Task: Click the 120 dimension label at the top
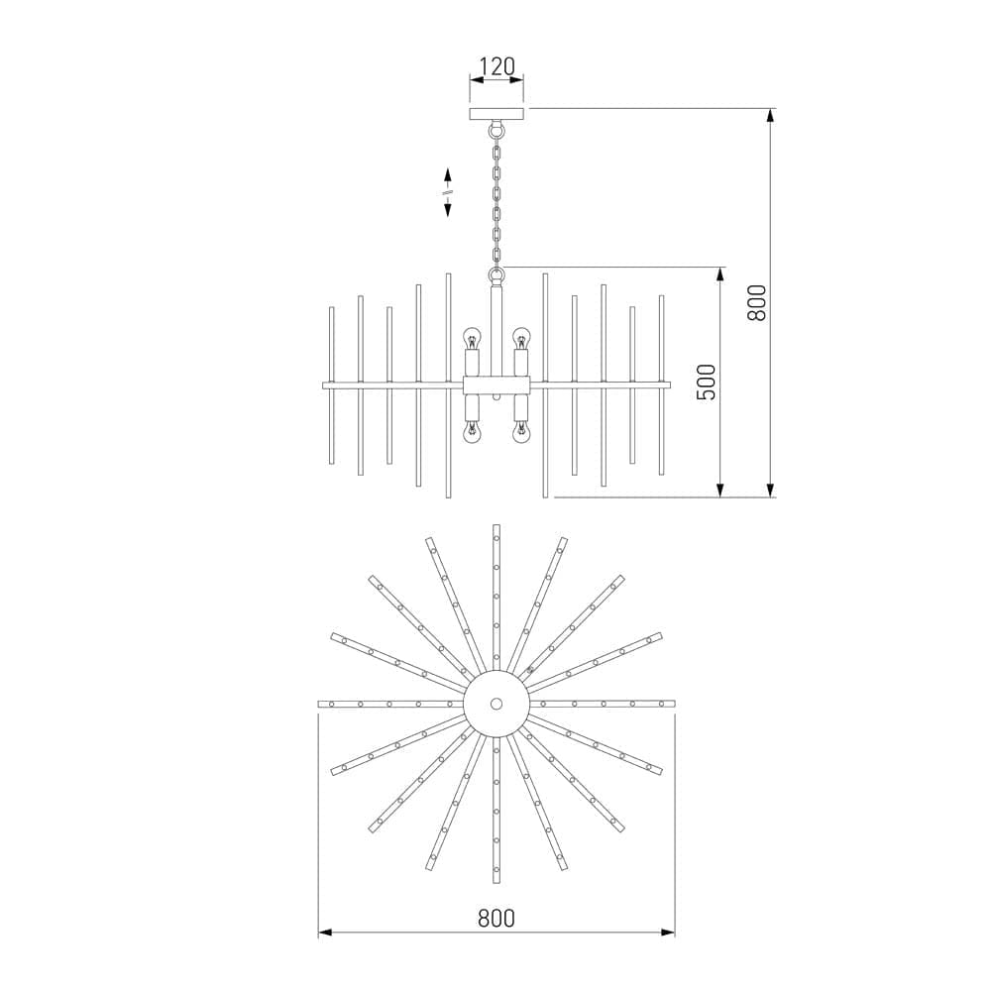(x=496, y=66)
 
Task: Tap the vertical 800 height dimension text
(x=757, y=302)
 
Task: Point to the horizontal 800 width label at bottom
(x=495, y=918)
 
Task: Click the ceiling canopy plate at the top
(x=496, y=114)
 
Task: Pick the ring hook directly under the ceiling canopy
(x=496, y=129)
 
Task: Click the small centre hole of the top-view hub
(x=496, y=704)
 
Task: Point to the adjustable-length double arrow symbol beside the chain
(x=448, y=191)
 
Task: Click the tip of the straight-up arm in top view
(x=496, y=528)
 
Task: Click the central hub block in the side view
(x=496, y=385)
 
